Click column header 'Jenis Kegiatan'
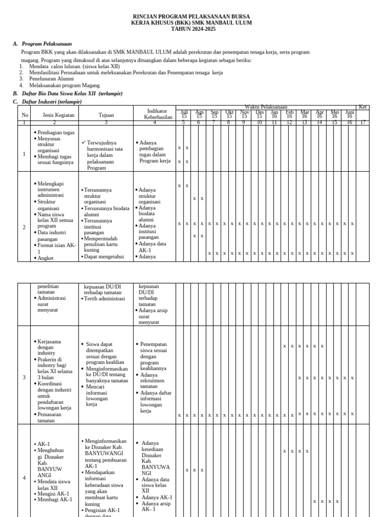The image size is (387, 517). [x=58, y=115]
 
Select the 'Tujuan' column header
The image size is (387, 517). [x=106, y=115]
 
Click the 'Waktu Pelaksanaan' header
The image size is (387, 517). [x=266, y=107]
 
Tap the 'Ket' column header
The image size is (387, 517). [x=363, y=107]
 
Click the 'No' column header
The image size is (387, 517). [x=24, y=115]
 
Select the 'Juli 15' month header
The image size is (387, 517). [x=184, y=114]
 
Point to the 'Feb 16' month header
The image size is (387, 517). [x=289, y=114]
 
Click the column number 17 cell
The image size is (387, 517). [x=363, y=122]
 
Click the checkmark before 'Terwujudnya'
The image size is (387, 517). [x=84, y=143]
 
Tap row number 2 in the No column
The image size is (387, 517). [x=24, y=227]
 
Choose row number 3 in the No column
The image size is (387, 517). [x=24, y=377]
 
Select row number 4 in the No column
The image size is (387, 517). [x=24, y=478]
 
